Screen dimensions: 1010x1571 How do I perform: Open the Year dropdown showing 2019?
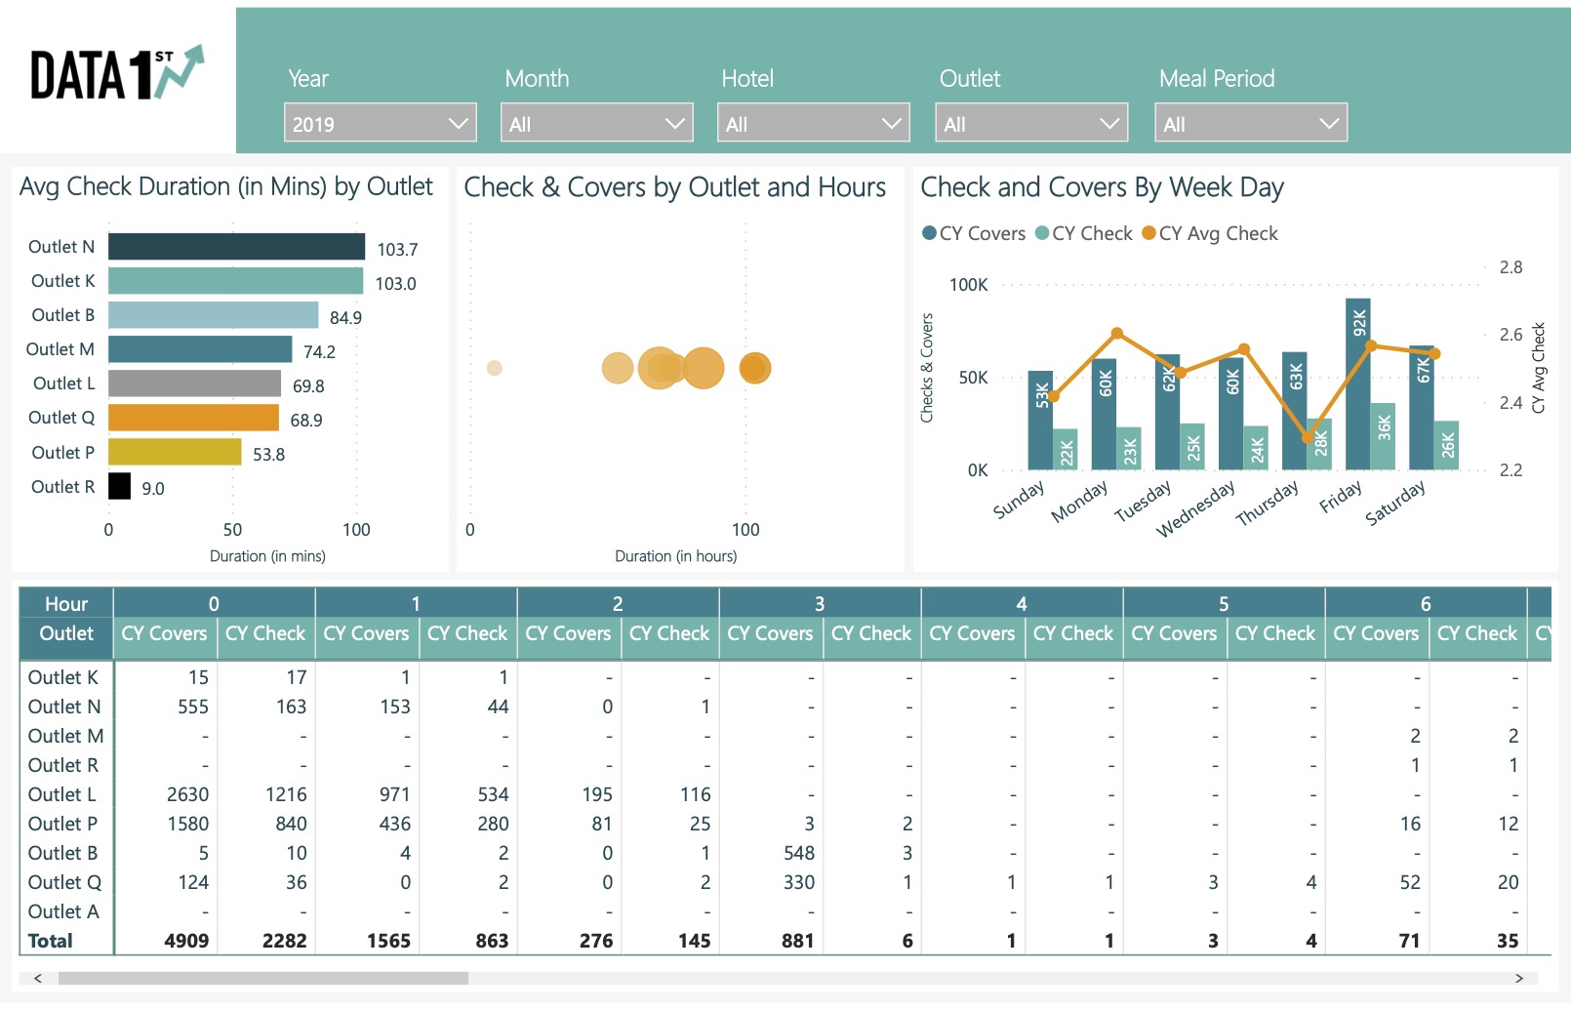380,124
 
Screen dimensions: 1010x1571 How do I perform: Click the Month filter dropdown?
596,124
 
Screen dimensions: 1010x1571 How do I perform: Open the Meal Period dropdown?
1250,124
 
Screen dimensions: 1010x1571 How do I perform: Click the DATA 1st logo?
117,74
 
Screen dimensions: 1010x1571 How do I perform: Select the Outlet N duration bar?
236,247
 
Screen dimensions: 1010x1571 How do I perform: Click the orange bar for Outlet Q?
193,418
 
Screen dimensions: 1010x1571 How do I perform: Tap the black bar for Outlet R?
119,486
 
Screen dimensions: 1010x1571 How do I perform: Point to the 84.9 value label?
345,318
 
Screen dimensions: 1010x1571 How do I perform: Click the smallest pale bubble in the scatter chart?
495,368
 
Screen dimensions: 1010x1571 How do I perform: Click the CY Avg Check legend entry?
1210,233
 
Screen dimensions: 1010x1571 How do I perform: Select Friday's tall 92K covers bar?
1357,384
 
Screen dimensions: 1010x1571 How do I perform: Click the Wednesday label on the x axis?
1195,508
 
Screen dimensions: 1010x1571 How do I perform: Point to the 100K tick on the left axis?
968,285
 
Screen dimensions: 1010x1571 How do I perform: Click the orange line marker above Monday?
1117,334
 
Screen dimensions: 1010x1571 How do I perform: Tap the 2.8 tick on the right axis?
1510,267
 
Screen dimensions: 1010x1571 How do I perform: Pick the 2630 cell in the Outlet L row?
187,794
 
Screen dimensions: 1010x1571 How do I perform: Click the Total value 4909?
186,941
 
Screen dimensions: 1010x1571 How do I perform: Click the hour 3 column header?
819,604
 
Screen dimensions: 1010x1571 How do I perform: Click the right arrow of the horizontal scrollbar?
1518,978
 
